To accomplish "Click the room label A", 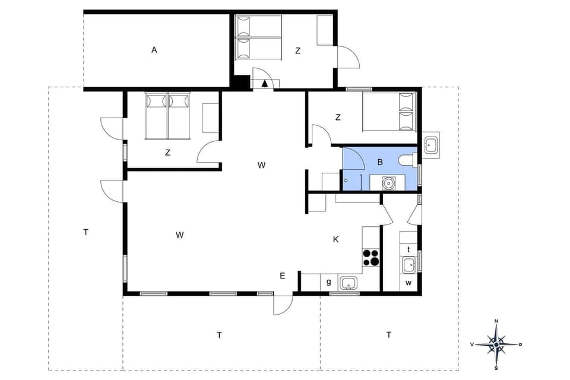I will (154, 50).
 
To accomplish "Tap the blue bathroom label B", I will (380, 161).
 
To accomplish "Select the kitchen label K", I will (335, 239).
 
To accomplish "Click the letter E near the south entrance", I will (283, 275).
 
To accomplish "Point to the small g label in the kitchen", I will (329, 282).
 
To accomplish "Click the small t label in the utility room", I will (408, 249).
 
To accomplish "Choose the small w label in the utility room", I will (408, 283).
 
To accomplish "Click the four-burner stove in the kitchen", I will (371, 257).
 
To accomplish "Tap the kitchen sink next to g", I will (349, 283).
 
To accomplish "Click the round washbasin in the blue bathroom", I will (389, 183).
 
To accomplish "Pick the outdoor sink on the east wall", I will (431, 145).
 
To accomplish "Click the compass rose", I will (496, 344).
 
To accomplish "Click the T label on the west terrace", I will (86, 232).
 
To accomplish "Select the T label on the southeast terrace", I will (389, 335).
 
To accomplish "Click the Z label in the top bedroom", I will (298, 51).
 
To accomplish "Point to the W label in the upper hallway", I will (261, 165).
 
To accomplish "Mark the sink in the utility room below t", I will (408, 265).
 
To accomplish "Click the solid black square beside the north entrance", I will (240, 82).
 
